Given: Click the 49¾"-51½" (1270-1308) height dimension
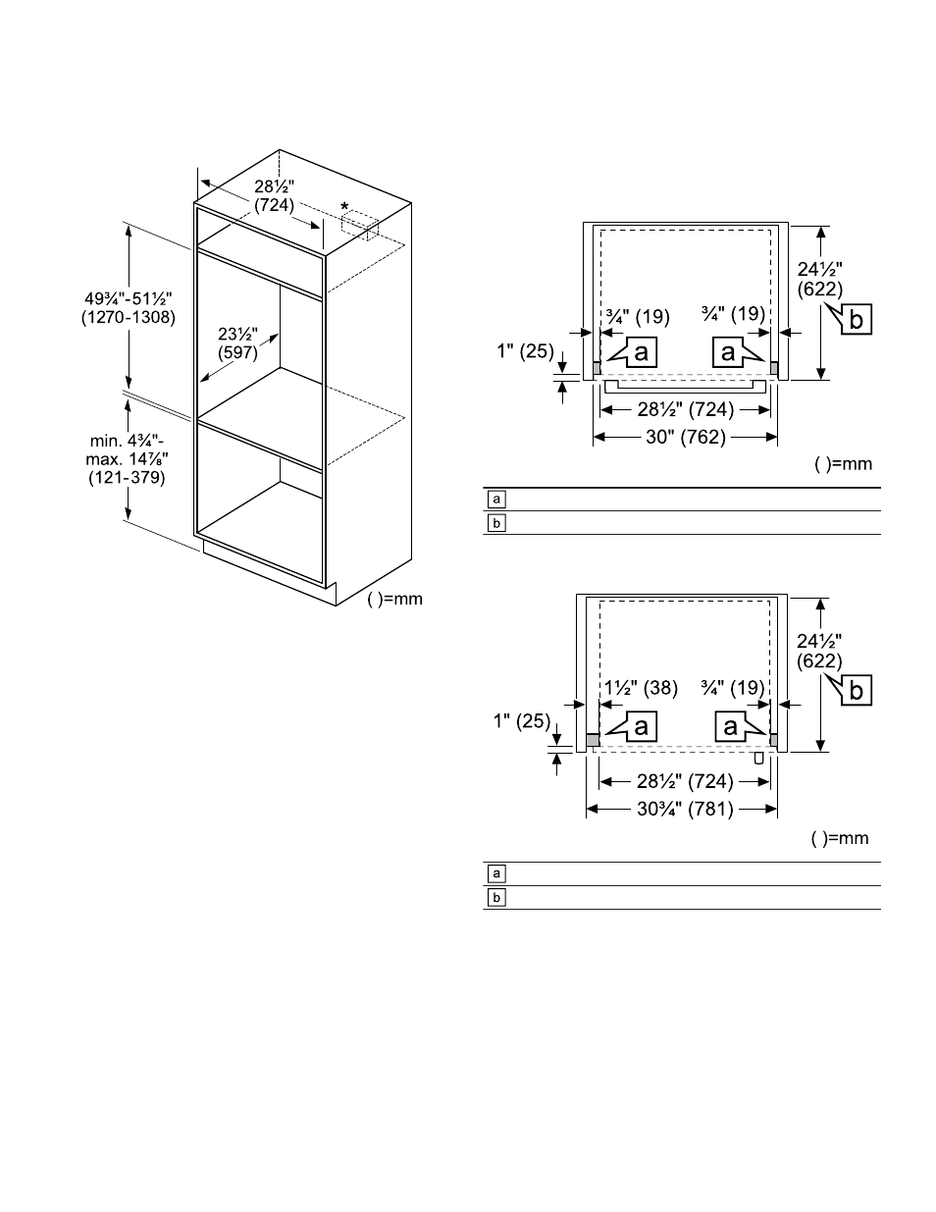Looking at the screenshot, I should pos(129,308).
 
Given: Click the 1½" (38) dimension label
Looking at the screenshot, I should pos(641,688).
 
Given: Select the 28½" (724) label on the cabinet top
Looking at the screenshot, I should pos(274,196).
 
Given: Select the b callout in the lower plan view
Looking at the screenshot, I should pos(856,691).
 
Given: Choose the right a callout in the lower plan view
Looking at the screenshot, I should pos(729,726).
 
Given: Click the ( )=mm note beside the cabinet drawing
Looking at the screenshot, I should pos(394,599).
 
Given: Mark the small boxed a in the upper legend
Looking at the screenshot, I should pos(496,499).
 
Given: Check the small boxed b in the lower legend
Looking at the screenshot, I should pos(496,897).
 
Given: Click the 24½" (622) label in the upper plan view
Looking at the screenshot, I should pos(819,278).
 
